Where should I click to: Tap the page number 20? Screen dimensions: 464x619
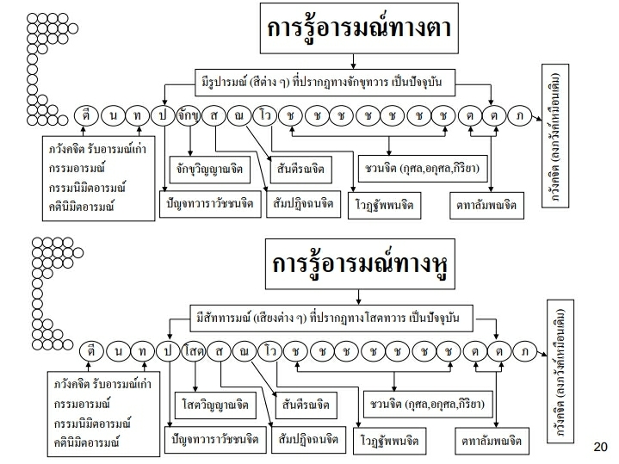(601, 447)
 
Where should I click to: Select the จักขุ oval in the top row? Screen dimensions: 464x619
(189, 114)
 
